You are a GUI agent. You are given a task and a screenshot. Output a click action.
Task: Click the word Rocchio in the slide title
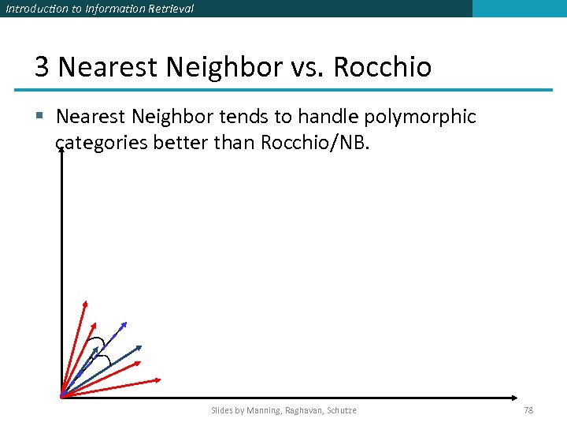pos(382,67)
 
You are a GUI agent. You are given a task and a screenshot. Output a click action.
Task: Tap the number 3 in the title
pos(43,67)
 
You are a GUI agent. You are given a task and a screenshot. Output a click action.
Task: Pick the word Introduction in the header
pos(35,9)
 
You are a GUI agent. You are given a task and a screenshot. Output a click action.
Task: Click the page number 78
pos(528,410)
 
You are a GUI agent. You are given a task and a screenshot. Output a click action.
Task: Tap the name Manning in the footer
pos(265,410)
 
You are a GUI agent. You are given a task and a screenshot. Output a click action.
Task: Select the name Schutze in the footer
pos(340,410)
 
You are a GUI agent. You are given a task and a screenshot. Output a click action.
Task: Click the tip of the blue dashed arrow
pos(125,323)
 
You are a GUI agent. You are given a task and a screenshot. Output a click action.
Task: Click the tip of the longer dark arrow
pos(142,346)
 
